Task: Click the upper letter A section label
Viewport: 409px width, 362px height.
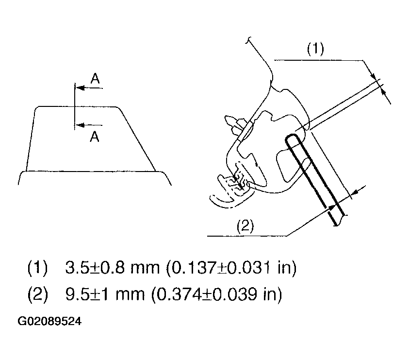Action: tap(95, 78)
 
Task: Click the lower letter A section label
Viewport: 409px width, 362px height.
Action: tap(95, 137)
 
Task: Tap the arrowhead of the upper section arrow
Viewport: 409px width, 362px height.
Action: tap(80, 88)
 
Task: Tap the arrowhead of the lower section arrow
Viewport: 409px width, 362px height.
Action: tap(80, 125)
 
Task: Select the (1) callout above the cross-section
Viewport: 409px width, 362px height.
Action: tap(315, 49)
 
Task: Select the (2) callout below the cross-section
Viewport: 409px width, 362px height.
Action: tap(245, 226)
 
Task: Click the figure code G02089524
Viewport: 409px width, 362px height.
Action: tap(49, 321)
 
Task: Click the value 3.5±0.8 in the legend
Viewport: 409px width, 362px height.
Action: tap(95, 267)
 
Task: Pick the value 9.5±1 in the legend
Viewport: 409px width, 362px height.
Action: tap(87, 294)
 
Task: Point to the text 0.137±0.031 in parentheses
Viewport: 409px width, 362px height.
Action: tap(221, 267)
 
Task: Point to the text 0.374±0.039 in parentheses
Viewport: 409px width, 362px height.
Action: tap(207, 294)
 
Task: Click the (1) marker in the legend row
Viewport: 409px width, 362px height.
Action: tap(37, 267)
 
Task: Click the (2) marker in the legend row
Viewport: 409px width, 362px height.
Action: tap(37, 294)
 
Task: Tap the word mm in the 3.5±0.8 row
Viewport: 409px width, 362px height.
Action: tap(145, 269)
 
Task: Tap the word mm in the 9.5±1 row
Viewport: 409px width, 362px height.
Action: tap(130, 295)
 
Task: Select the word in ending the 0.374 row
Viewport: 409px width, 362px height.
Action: tap(269, 294)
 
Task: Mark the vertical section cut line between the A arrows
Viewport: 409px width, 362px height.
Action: tap(75, 106)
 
